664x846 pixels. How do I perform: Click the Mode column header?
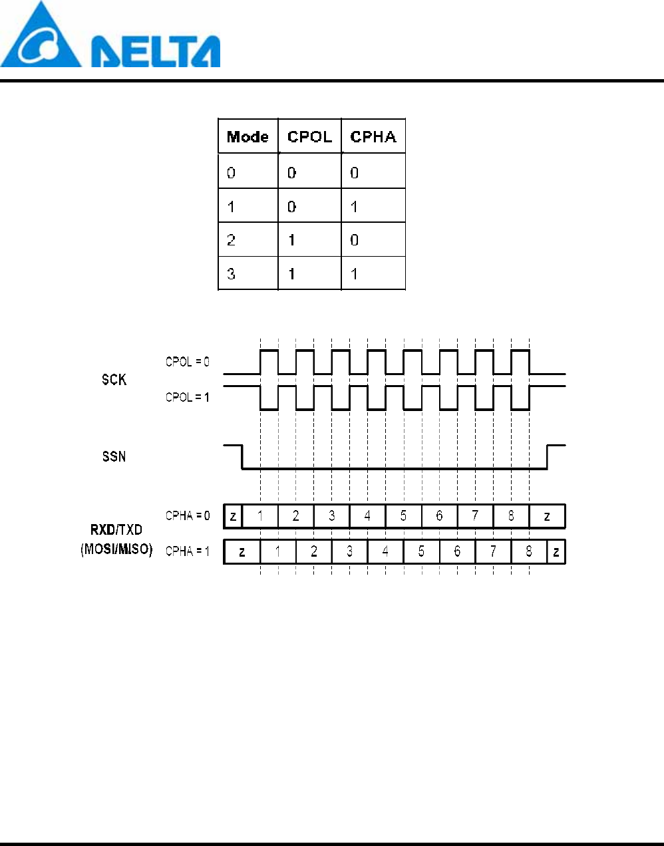[248, 137]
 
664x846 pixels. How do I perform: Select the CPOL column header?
[309, 137]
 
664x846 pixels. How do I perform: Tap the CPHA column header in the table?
[373, 137]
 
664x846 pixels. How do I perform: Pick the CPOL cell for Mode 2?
[309, 239]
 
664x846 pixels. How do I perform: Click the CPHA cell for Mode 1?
[373, 206]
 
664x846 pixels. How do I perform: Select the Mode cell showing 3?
[248, 273]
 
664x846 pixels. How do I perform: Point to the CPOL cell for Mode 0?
[309, 172]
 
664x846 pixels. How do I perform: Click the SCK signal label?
[114, 379]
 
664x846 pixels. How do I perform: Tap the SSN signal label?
[114, 456]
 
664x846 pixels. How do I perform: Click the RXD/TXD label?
[116, 529]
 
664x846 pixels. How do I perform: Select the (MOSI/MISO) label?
[116, 549]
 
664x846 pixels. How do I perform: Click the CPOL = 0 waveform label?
[188, 362]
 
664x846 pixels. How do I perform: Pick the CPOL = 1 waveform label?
[188, 397]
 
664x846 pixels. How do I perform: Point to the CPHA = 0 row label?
[188, 515]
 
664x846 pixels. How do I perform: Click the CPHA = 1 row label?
[188, 551]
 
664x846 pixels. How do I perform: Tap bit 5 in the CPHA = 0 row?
[403, 516]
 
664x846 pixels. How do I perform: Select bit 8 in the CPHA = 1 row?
[529, 551]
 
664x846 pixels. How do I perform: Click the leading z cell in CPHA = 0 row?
[233, 516]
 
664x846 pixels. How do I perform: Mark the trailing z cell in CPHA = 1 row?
[556, 551]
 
